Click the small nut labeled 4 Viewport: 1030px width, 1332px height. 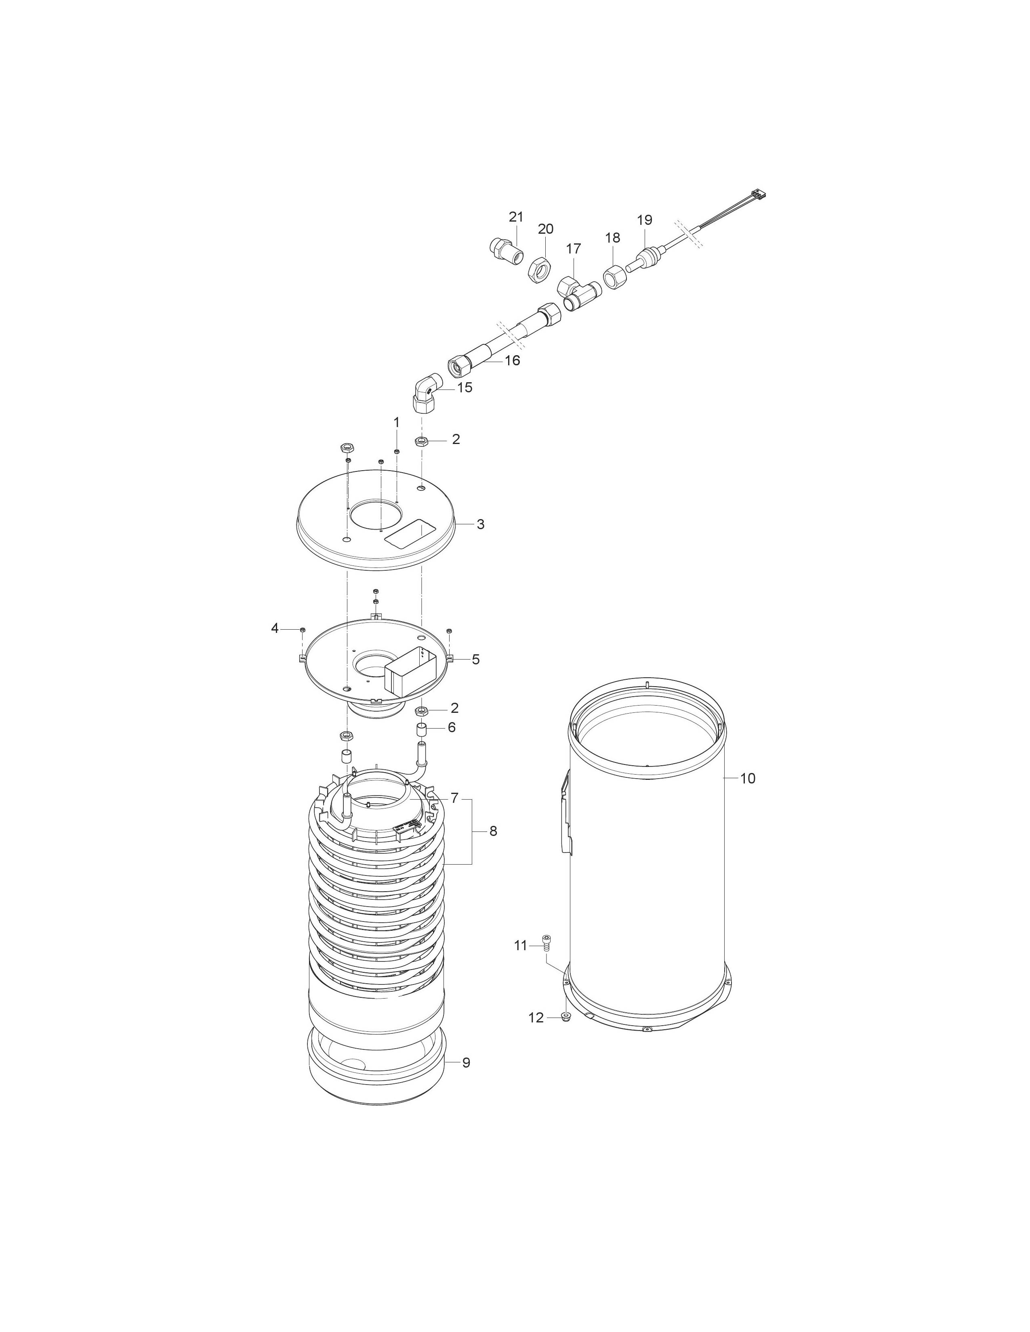tap(303, 629)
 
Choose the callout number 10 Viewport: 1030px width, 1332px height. tap(748, 778)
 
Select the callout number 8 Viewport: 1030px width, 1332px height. tap(493, 831)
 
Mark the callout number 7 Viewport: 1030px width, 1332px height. tap(454, 798)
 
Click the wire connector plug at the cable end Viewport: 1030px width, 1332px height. tap(759, 195)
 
